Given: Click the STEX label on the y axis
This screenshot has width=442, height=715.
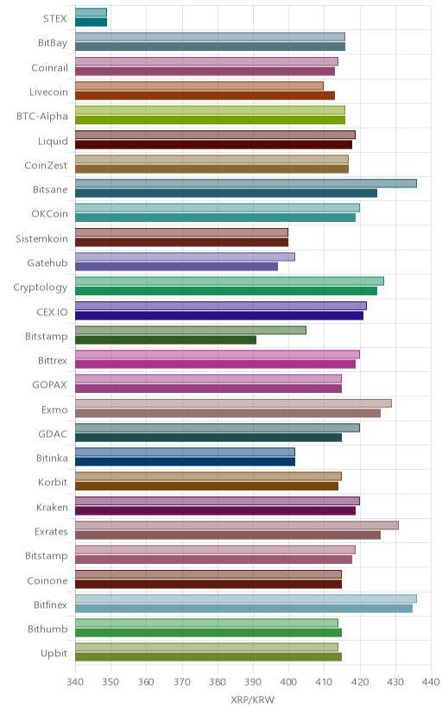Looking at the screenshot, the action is pos(55,19).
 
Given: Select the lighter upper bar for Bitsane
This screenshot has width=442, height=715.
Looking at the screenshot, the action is pos(246,183).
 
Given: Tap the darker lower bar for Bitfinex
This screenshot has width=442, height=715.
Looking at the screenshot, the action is pos(243,608).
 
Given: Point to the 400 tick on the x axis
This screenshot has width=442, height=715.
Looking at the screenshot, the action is pos(288,681).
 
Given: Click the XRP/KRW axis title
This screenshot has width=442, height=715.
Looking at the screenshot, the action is pos(252,700).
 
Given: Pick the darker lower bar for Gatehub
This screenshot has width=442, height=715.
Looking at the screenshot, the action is pos(176,267).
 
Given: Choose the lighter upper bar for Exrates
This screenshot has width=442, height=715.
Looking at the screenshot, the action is pos(237,525).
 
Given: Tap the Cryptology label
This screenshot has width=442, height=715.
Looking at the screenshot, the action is pos(41,288).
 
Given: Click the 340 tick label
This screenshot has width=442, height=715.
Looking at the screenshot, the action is pos(75,681).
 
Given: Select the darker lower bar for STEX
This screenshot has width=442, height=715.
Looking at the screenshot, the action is pos(92,22).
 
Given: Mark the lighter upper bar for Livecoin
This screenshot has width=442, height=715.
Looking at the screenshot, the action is pos(199,85).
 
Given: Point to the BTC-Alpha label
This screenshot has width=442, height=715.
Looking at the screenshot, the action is pos(42,117).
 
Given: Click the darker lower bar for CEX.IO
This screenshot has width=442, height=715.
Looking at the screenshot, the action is pos(219,315).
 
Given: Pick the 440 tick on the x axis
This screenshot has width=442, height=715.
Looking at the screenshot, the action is pos(431,681).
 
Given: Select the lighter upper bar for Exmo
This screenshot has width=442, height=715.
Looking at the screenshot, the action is pos(233,403).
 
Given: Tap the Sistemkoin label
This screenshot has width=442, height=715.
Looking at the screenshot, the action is pos(42,238).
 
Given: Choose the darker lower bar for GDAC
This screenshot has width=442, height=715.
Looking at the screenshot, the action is pos(208,437).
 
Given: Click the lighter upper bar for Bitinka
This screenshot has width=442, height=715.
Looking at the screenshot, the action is pos(185,452).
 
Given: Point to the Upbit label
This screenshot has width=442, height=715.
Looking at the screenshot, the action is pos(54,654).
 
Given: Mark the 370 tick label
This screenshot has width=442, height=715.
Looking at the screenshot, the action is pos(182,681).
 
